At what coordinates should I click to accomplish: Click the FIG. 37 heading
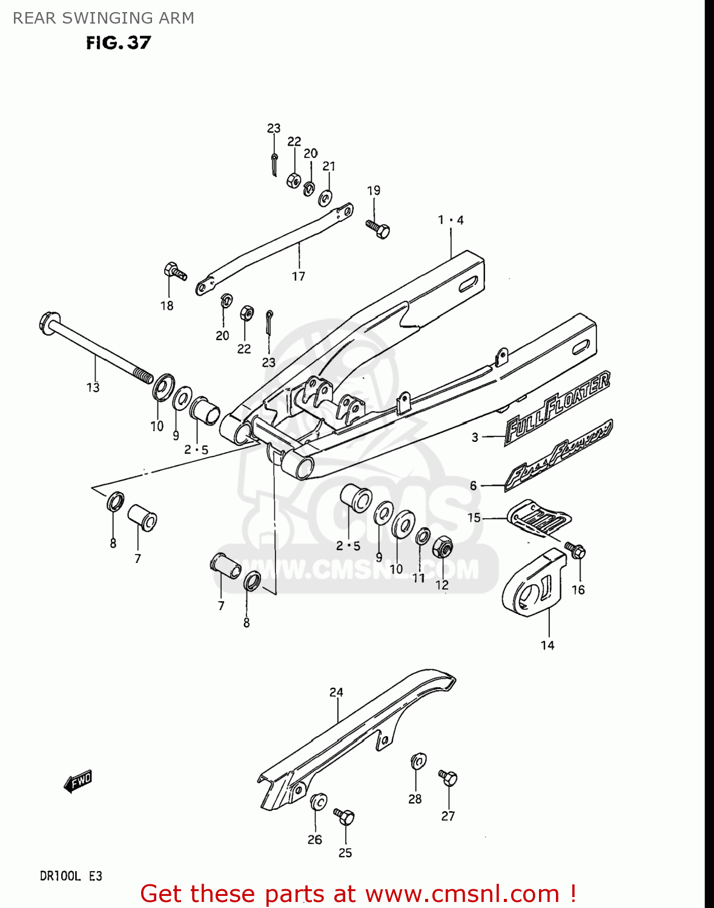pyautogui.click(x=118, y=43)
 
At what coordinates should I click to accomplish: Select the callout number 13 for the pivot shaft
pyautogui.click(x=93, y=387)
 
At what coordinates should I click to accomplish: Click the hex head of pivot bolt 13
pyautogui.click(x=48, y=319)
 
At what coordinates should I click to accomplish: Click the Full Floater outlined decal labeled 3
pyautogui.click(x=557, y=407)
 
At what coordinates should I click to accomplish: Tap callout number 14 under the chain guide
pyautogui.click(x=547, y=645)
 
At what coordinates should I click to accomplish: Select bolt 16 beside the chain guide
pyautogui.click(x=575, y=551)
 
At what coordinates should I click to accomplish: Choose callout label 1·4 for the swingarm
pyautogui.click(x=451, y=220)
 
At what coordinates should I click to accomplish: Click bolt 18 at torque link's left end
pyautogui.click(x=174, y=272)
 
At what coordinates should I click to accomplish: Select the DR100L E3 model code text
pyautogui.click(x=71, y=876)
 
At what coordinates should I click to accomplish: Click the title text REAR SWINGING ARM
pyautogui.click(x=104, y=18)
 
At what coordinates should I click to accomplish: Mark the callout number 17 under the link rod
pyautogui.click(x=299, y=277)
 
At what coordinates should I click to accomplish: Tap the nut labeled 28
pyautogui.click(x=418, y=761)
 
